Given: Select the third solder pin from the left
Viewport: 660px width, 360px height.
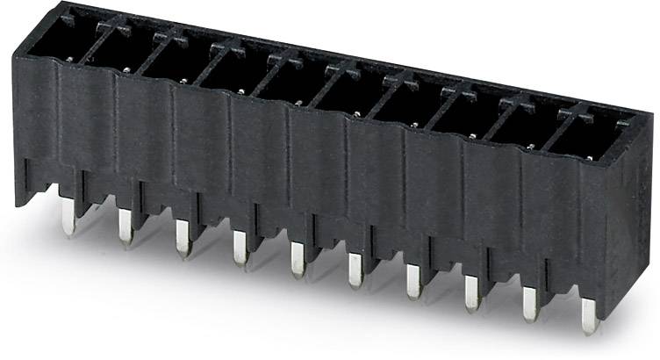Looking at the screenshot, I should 182,239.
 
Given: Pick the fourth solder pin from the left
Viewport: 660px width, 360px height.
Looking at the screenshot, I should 239,251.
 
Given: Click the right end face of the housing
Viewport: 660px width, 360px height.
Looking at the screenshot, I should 637,220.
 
